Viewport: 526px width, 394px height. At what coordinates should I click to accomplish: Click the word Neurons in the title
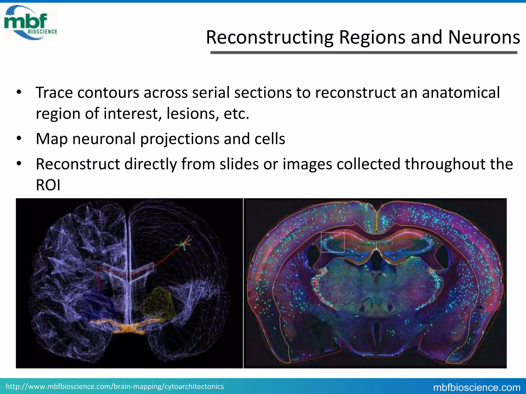(x=484, y=37)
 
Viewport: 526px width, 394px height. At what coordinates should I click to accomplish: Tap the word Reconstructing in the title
(x=270, y=37)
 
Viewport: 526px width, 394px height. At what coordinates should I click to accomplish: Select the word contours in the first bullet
(x=108, y=93)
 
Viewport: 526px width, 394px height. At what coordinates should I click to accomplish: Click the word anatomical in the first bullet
(x=461, y=93)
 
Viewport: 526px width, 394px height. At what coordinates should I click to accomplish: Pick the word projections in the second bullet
(x=180, y=139)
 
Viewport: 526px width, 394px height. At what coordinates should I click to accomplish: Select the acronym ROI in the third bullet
(x=48, y=185)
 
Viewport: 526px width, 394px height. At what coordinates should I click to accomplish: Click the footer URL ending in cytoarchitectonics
(x=115, y=386)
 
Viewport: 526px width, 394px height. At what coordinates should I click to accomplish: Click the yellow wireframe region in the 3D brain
(x=158, y=303)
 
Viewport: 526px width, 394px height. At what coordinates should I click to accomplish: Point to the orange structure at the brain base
(x=128, y=327)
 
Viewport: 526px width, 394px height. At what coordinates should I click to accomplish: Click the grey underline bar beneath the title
(x=363, y=53)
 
